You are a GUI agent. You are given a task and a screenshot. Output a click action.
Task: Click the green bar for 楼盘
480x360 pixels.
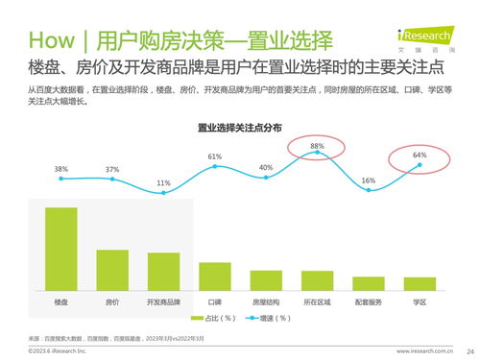click(x=60, y=249)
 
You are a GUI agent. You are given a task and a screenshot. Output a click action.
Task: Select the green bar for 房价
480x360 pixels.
click(x=112, y=270)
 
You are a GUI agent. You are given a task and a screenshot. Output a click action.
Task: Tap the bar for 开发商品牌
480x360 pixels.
click(x=163, y=271)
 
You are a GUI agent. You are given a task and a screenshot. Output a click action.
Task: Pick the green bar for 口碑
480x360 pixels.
click(x=215, y=276)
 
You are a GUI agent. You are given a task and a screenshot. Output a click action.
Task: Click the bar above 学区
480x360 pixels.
click(x=420, y=283)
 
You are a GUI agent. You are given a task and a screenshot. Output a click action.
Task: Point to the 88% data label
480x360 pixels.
click(x=317, y=145)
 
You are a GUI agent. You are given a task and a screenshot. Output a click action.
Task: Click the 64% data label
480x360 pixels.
click(x=420, y=155)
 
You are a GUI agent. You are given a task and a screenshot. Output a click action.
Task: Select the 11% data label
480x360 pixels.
click(x=163, y=182)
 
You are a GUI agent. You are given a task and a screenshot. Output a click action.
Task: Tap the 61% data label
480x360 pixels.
click(x=215, y=156)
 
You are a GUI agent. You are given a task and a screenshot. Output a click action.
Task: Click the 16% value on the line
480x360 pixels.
click(x=369, y=180)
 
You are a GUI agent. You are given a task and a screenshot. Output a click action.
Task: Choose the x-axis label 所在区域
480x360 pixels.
click(x=317, y=301)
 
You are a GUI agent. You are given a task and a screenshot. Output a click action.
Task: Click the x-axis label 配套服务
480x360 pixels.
click(x=369, y=301)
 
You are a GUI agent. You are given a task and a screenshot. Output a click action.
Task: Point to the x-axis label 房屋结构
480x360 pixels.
click(x=266, y=301)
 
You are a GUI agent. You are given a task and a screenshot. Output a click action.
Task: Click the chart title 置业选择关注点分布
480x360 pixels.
click(x=239, y=128)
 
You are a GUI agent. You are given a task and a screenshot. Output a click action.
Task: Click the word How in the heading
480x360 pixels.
click(x=51, y=42)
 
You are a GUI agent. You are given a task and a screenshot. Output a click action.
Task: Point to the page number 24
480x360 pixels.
click(x=468, y=350)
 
